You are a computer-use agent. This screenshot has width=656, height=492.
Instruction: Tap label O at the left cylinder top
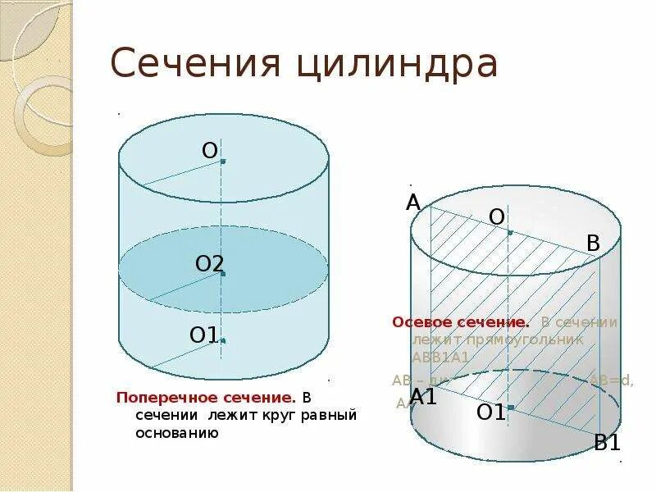[x=210, y=150]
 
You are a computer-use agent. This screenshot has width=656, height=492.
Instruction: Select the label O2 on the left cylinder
[x=209, y=264]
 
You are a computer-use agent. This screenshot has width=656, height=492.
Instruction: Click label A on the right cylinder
[x=413, y=203]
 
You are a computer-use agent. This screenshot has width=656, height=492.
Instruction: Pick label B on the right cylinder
[x=594, y=243]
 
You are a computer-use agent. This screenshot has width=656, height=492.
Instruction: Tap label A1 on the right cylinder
[x=424, y=397]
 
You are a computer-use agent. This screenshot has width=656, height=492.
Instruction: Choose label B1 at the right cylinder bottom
[x=608, y=443]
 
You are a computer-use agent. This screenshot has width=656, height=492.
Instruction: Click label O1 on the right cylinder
[x=491, y=412]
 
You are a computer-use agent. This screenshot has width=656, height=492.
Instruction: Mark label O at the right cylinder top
[x=497, y=216]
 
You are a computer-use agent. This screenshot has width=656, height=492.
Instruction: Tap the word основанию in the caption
[x=177, y=432]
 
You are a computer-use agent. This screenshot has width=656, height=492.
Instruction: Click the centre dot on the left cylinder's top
[x=223, y=162]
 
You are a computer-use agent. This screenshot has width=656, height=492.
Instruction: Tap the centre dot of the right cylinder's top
[x=510, y=233]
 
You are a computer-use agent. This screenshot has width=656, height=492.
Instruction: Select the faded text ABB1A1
[x=440, y=357]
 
